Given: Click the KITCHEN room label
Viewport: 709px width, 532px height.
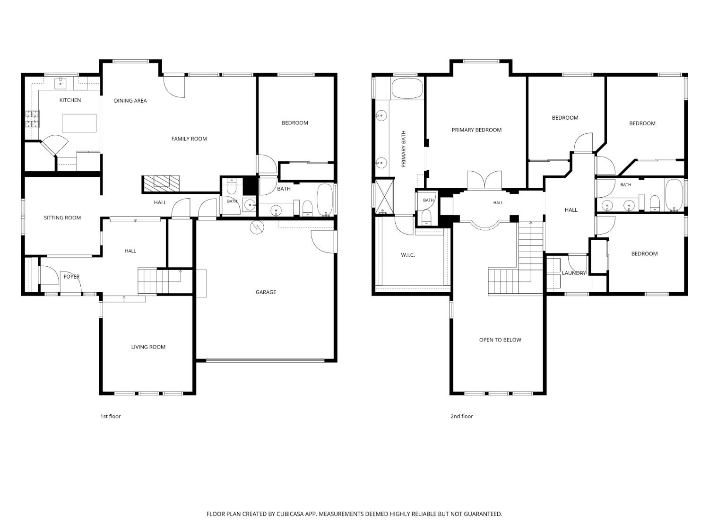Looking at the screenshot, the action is (70, 100).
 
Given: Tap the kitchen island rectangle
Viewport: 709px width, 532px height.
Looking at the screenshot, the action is (79, 123).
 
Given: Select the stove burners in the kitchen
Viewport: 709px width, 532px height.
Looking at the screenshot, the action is (33, 119).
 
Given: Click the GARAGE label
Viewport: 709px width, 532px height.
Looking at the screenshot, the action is (266, 292).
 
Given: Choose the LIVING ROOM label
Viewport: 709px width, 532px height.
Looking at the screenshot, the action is (148, 347).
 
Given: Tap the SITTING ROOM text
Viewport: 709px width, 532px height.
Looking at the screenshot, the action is (62, 218).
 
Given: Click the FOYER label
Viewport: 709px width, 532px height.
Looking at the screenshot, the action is (71, 277).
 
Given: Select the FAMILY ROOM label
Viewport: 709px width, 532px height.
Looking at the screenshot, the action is (189, 139).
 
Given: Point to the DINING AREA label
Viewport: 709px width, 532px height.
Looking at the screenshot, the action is (130, 101).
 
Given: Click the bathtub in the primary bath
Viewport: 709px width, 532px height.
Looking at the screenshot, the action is (407, 88).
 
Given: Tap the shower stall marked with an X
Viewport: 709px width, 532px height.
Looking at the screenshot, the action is (384, 196).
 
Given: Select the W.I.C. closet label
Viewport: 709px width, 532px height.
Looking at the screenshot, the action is (408, 255).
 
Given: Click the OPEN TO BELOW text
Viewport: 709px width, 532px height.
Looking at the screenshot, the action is (500, 340).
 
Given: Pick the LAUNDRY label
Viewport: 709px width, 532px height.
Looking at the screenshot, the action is (574, 273).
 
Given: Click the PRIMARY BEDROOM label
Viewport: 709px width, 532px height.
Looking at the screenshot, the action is (476, 130).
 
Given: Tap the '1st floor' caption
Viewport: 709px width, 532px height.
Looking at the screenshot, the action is (111, 416).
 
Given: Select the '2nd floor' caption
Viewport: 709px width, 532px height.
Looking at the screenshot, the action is (462, 416).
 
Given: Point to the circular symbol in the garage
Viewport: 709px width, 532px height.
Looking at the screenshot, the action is (257, 227).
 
